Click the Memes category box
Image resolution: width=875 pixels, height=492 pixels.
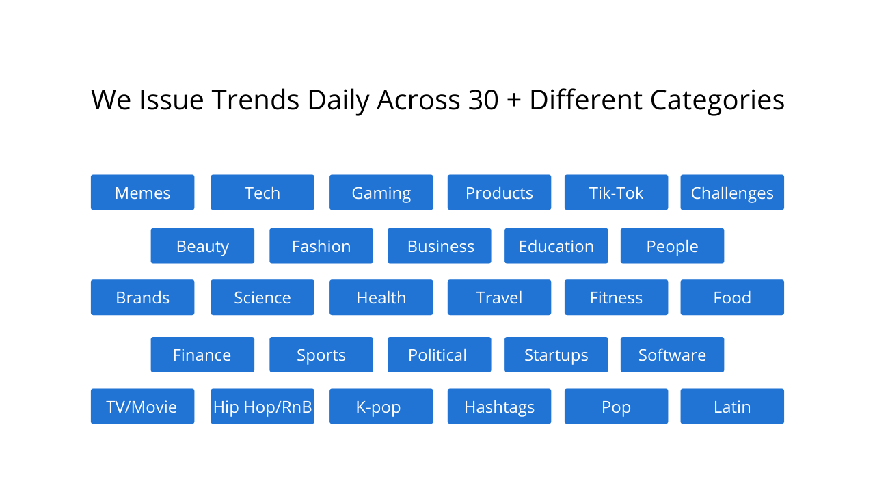[142, 193]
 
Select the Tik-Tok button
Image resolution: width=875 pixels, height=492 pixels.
[616, 193]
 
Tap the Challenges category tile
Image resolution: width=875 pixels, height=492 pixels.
[732, 193]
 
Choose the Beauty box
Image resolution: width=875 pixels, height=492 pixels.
[202, 246]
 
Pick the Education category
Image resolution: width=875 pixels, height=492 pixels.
[556, 246]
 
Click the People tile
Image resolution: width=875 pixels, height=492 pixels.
[672, 246]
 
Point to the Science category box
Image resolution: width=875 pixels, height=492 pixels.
[262, 298]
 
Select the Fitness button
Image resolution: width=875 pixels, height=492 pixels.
[616, 298]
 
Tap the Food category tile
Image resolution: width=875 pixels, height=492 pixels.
[732, 298]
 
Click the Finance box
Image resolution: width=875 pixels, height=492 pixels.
[202, 355]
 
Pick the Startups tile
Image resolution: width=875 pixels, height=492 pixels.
[556, 355]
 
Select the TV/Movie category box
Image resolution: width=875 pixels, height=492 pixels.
[142, 407]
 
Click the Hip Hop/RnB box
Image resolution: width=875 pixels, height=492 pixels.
[262, 407]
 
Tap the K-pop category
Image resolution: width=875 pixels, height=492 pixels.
[381, 407]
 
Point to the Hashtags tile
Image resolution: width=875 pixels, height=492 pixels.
[499, 407]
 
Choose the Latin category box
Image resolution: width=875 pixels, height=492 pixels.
[732, 407]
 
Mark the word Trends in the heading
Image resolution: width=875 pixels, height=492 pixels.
[255, 100]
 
